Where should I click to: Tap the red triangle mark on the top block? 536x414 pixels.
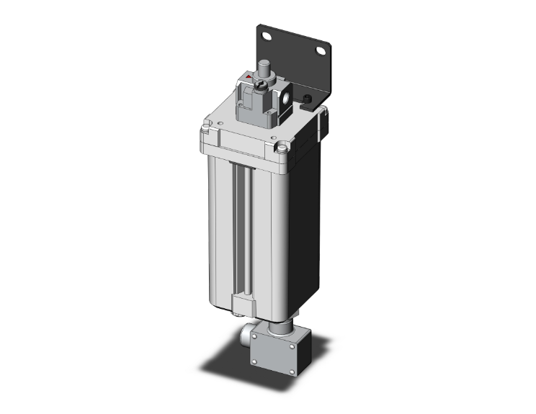click(x=249, y=76)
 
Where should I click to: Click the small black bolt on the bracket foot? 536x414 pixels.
click(x=308, y=99)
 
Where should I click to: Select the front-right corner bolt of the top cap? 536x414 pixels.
click(x=281, y=150)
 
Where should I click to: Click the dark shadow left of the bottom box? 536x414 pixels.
click(x=223, y=364)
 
